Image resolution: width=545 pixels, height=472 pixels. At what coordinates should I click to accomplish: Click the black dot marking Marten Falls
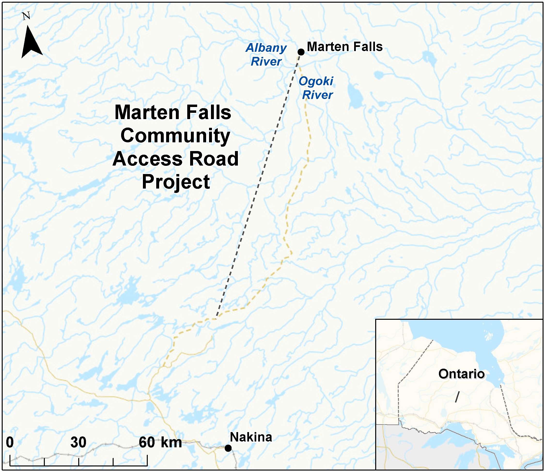coord(301,52)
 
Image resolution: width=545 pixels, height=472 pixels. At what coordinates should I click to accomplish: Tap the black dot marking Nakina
coord(228,448)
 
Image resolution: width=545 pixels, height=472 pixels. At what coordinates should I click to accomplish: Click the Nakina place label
coord(251,437)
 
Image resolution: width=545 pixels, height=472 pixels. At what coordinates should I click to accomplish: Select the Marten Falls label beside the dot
coord(344,47)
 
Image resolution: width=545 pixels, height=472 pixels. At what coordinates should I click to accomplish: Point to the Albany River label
coord(266,54)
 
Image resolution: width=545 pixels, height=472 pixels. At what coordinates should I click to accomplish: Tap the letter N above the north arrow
coord(26,16)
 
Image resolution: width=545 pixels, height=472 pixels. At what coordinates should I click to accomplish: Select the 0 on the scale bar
coord(10,442)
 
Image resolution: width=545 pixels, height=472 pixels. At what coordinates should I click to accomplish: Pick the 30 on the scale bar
coord(78,442)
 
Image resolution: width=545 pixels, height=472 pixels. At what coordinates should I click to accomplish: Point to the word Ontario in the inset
coord(461,374)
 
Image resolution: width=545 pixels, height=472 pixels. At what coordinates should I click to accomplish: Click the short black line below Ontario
coord(458,397)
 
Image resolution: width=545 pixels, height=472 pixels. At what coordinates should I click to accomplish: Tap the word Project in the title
coord(176,182)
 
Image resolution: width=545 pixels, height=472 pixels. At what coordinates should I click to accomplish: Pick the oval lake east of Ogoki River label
coord(355,96)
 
